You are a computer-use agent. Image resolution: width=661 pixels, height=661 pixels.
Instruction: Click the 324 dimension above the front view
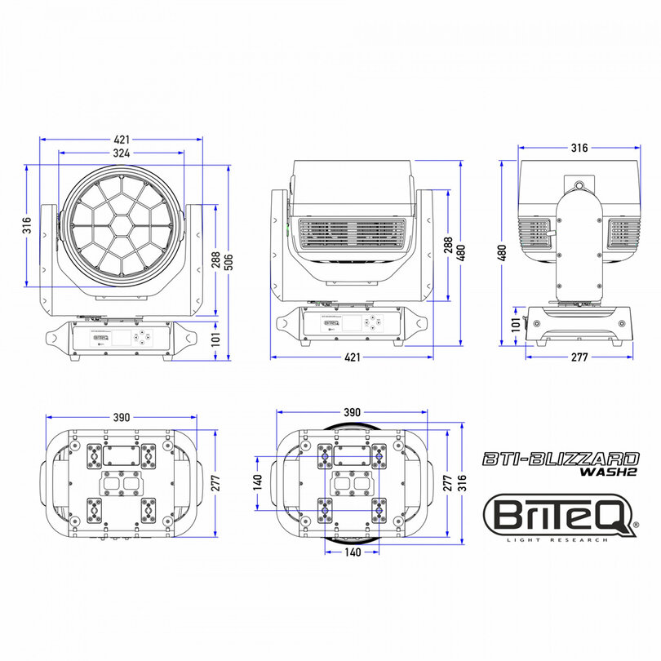pyautogui.click(x=122, y=153)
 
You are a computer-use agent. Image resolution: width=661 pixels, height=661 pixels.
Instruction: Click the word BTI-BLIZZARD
pyautogui.click(x=561, y=459)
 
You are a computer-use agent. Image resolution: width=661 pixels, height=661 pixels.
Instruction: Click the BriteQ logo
pyautogui.click(x=559, y=515)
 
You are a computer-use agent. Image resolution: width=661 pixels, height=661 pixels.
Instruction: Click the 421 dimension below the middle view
pyautogui.click(x=353, y=357)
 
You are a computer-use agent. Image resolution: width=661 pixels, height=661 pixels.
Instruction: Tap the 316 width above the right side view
pyautogui.click(x=579, y=149)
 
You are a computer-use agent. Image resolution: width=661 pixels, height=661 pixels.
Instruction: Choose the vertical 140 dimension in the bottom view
pyautogui.click(x=257, y=481)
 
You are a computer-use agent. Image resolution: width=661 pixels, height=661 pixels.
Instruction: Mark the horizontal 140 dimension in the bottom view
pyautogui.click(x=351, y=552)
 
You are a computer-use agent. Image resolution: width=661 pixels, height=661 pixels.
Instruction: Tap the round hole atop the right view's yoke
pyautogui.click(x=579, y=186)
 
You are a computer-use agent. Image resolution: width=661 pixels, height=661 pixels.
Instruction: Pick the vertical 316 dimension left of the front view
pyautogui.click(x=27, y=224)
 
